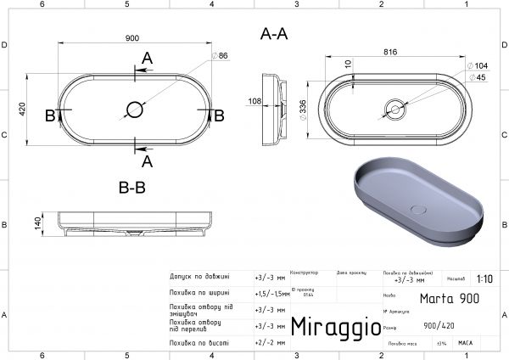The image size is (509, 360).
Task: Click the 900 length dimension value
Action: tap(131, 39)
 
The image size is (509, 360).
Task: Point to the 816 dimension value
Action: tap(391, 52)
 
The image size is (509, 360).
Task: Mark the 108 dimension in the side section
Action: tap(254, 101)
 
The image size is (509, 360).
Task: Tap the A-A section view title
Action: tap(273, 35)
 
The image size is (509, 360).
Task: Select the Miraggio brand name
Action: tap(331, 327)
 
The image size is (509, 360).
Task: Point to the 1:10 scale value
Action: tap(484, 278)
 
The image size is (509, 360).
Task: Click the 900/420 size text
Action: tap(439, 325)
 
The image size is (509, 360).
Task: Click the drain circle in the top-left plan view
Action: tap(134, 108)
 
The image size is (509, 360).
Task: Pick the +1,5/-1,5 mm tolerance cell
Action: tap(270, 293)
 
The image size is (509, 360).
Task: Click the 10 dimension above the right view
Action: tap(348, 64)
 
